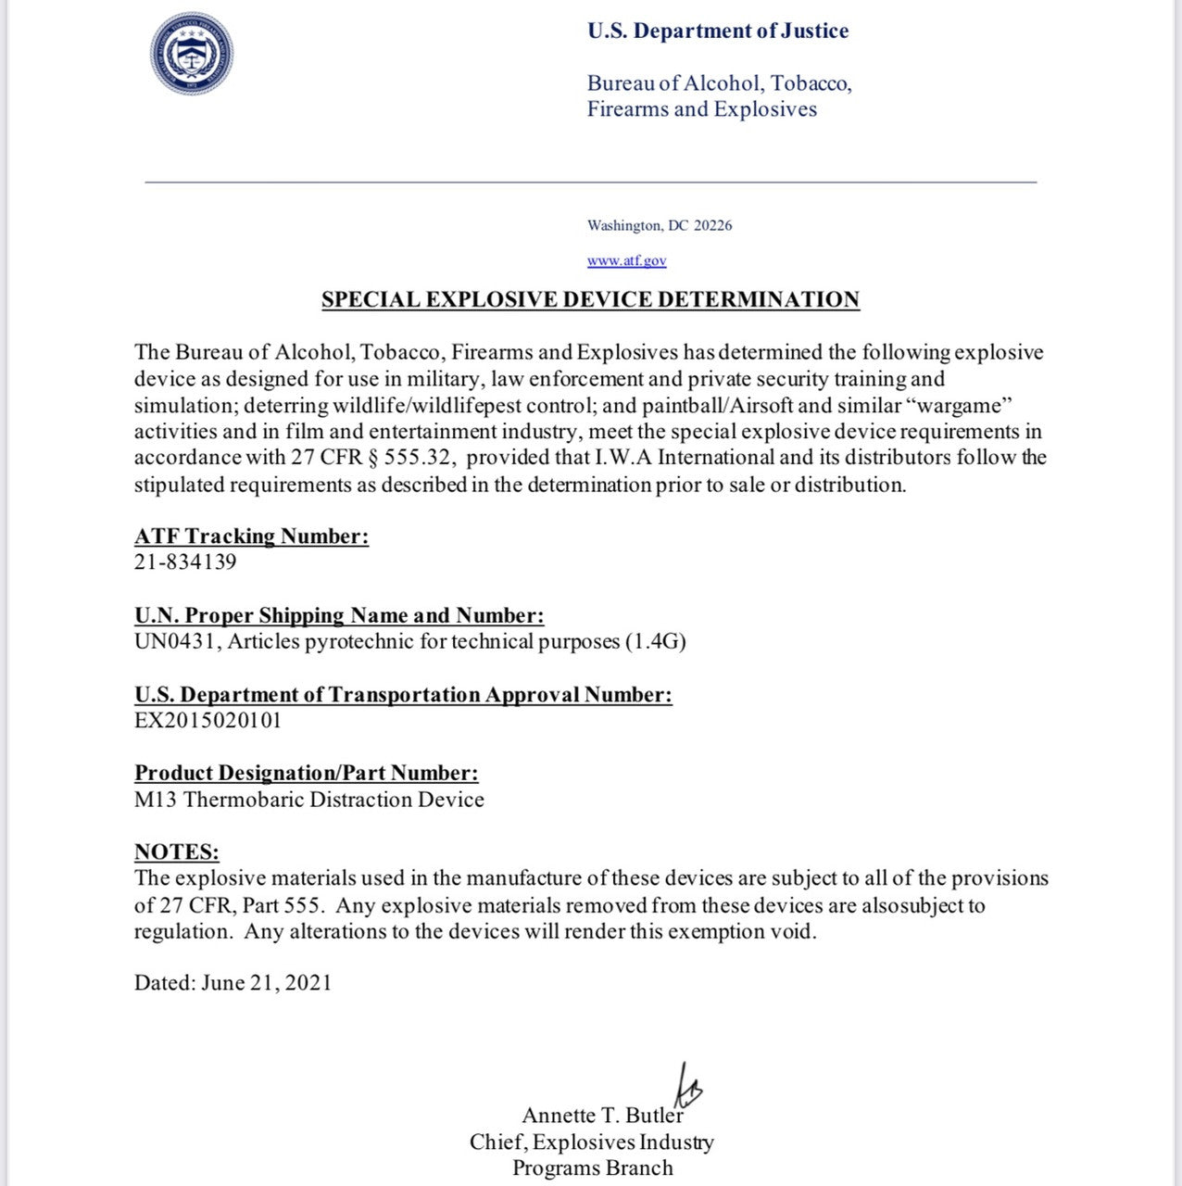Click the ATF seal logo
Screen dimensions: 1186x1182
pos(192,54)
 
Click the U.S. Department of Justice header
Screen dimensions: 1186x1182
pos(717,31)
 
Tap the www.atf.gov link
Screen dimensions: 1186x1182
pos(626,260)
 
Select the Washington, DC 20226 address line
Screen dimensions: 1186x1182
pos(659,225)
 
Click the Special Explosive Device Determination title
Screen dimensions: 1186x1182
pos(590,299)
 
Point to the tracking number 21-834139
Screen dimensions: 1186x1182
pos(185,561)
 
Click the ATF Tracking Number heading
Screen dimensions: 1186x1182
pos(251,536)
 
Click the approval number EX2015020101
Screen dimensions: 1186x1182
pos(207,720)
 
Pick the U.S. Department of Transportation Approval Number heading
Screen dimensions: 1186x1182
pos(403,695)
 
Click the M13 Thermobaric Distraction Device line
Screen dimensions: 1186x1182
pos(308,799)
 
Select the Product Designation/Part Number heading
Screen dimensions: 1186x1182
pos(306,773)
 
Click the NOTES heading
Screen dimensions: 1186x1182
pos(176,852)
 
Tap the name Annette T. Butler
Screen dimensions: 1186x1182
pos(601,1115)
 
